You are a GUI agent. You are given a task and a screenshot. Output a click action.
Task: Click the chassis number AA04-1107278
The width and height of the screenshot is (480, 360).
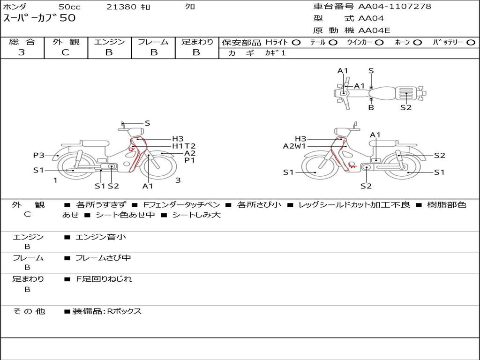coord(395,7)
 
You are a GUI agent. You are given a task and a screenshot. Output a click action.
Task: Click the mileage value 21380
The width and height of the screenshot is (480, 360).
coord(121,7)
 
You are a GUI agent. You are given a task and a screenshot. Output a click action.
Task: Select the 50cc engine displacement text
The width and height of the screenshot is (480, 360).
coord(69,7)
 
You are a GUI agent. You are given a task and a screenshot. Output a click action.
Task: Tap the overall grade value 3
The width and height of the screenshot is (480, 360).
coord(22,52)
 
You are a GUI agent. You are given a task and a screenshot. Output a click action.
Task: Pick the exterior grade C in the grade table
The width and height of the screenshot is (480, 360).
coord(65,52)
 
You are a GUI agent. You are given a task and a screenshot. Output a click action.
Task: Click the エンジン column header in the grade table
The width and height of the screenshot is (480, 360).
coord(109,42)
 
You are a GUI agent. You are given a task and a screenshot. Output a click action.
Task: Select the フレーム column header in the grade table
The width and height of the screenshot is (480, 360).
coord(153,42)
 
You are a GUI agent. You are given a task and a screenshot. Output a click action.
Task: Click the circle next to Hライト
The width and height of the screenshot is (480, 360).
coord(296,42)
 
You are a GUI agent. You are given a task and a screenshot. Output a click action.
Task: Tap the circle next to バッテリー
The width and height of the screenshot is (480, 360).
coord(471,42)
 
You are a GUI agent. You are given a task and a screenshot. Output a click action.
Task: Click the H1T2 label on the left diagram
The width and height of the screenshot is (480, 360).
coord(184,146)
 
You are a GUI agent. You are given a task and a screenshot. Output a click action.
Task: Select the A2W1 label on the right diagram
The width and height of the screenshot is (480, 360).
coord(294,146)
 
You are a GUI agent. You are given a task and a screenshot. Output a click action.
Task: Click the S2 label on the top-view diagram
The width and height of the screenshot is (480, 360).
coord(406,107)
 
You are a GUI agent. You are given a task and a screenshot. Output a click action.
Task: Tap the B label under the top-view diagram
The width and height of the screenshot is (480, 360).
coord(371,107)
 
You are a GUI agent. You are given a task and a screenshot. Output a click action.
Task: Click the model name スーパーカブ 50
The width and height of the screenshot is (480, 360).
coord(39,18)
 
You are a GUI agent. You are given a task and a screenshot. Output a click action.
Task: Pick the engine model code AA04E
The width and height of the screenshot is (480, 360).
coord(374,30)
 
